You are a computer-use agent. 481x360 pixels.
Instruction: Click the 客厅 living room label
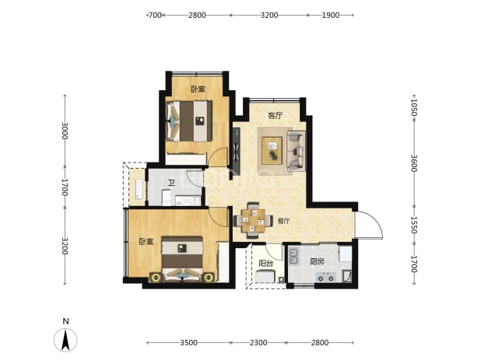click(276, 116)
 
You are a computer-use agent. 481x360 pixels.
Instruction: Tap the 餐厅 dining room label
click(283, 221)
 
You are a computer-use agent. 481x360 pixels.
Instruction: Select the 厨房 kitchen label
click(317, 262)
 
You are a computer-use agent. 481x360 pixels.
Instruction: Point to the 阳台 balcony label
click(266, 263)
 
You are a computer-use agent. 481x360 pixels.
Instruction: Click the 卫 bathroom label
click(171, 183)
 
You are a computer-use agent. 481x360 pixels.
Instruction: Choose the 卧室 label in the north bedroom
click(198, 89)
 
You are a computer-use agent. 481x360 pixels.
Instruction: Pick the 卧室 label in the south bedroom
click(146, 242)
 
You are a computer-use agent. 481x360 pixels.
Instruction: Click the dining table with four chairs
click(253, 220)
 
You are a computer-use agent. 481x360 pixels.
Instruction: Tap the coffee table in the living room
click(272, 150)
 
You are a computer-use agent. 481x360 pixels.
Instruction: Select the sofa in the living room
click(296, 150)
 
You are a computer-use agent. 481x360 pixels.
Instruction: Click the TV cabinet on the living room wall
click(237, 151)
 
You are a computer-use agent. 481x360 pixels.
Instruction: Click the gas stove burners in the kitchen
click(326, 278)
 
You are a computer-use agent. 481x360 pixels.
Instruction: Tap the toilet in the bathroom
click(166, 197)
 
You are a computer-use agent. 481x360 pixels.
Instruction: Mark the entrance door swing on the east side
click(368, 225)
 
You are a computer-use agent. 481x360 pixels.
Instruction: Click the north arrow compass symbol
click(65, 340)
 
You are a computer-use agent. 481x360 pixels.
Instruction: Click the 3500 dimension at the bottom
click(188, 343)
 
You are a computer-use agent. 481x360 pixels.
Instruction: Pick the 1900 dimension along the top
click(330, 15)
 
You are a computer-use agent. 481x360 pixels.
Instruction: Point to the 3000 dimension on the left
click(65, 131)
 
